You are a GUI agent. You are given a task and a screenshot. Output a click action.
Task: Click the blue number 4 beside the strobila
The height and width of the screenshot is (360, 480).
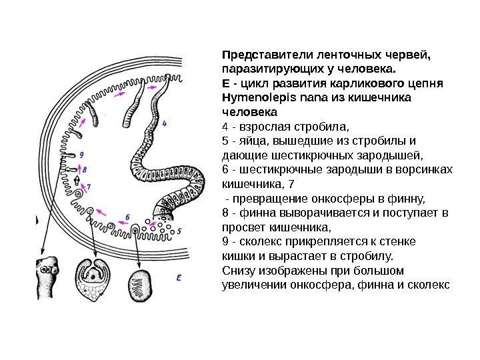164,123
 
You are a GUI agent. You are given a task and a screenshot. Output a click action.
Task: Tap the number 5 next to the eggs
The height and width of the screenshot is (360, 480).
179,230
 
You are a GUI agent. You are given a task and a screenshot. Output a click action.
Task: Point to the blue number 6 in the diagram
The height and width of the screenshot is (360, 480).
127,217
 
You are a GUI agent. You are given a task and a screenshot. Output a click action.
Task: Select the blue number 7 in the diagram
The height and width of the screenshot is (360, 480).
89,186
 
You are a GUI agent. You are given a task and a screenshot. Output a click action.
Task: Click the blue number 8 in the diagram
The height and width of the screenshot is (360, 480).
85,170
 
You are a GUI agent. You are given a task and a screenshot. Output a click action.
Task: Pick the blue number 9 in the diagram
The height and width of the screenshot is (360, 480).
81,155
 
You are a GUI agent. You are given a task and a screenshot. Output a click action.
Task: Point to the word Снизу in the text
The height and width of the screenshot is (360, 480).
237,271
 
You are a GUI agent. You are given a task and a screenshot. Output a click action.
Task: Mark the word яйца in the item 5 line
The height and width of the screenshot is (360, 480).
250,141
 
